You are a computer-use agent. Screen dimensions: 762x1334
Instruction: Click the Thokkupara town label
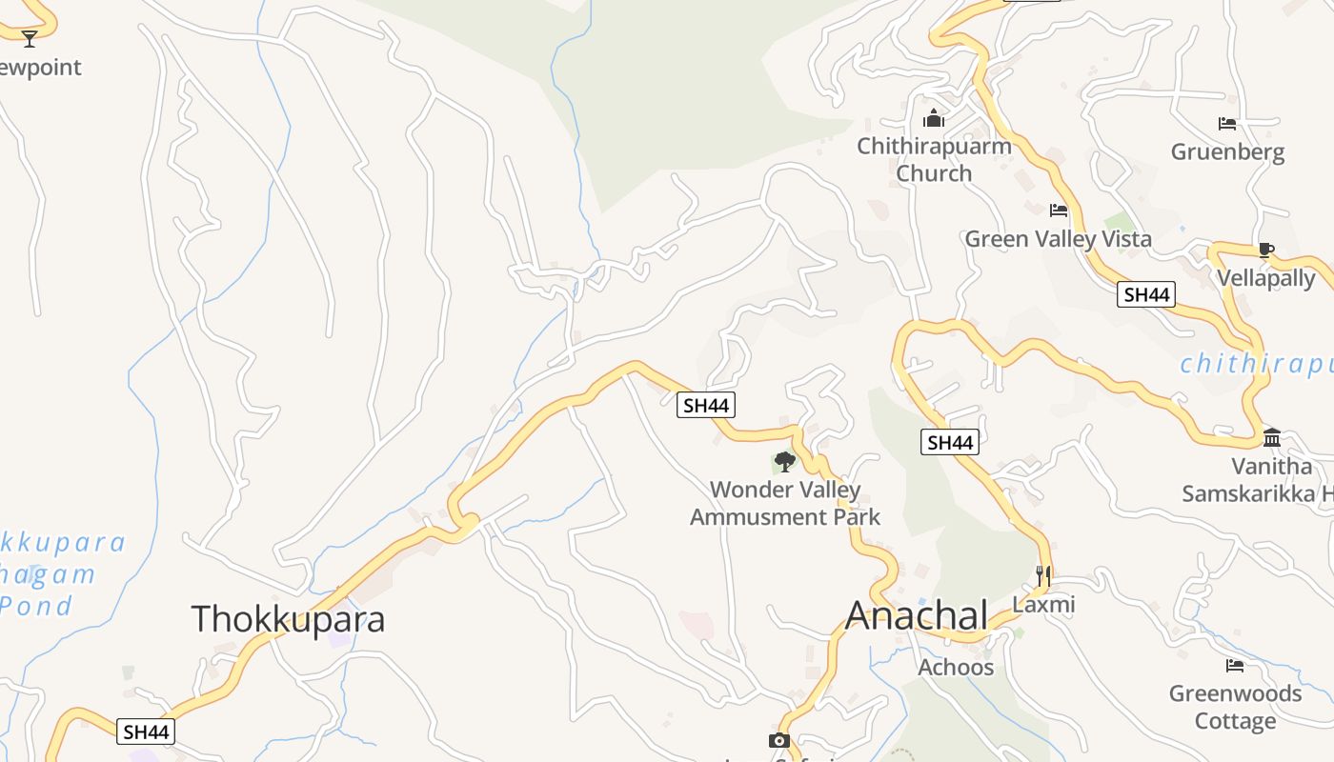pos(288,619)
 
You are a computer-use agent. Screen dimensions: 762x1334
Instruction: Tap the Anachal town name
pos(917,615)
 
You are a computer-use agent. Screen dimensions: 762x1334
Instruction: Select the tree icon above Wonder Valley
pos(785,462)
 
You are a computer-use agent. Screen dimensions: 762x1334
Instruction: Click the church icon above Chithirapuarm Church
pos(934,118)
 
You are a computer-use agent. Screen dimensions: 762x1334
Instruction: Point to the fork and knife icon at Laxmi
pos(1043,575)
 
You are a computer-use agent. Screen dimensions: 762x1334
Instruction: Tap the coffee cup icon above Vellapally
pos(1265,251)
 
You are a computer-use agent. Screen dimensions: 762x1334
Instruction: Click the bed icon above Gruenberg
pos(1227,124)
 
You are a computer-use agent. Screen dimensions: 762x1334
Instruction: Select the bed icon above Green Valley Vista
pos(1058,211)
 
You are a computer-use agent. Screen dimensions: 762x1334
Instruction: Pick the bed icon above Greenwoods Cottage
pos(1235,665)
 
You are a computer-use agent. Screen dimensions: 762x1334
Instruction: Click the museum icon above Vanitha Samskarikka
pos(1272,437)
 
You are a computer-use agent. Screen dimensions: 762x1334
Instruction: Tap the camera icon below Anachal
pos(778,740)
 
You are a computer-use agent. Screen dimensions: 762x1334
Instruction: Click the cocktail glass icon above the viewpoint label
pos(30,38)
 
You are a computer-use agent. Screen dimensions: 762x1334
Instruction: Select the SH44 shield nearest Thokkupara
pos(147,732)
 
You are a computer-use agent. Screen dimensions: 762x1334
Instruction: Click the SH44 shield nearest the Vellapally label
pos(1145,294)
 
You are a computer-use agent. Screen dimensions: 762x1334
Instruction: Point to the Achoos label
pos(956,667)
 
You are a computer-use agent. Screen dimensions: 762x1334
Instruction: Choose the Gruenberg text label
pos(1227,151)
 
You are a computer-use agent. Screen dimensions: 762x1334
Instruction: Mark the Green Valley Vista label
pos(1058,238)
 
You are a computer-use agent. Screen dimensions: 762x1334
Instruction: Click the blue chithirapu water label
pos(1256,364)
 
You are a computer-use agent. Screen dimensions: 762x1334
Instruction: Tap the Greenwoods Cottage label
pos(1235,707)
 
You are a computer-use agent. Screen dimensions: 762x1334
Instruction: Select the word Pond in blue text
pos(36,606)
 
